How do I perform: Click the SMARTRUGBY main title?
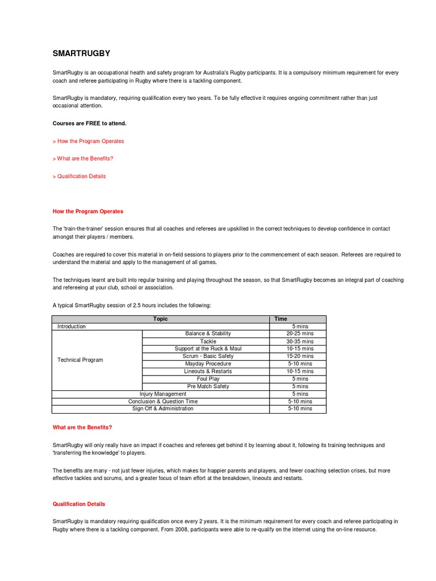click(81, 54)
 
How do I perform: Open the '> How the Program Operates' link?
click(88, 141)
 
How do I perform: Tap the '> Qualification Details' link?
click(79, 176)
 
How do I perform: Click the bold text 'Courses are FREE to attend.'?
click(90, 123)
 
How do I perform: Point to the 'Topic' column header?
click(160, 319)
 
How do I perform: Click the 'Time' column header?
click(281, 319)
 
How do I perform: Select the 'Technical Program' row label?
click(80, 360)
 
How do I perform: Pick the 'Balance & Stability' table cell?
click(208, 334)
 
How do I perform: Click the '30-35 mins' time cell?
click(300, 342)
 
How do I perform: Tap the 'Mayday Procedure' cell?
click(208, 364)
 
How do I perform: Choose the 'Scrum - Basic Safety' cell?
click(208, 356)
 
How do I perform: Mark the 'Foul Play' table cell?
click(208, 379)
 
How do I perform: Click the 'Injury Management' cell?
click(163, 394)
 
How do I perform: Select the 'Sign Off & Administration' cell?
click(162, 409)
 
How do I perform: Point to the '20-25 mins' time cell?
click(300, 334)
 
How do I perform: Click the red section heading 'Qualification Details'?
click(79, 504)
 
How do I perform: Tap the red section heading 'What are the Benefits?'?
click(82, 427)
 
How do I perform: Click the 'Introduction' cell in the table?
click(72, 327)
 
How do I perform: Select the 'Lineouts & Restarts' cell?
click(208, 371)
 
